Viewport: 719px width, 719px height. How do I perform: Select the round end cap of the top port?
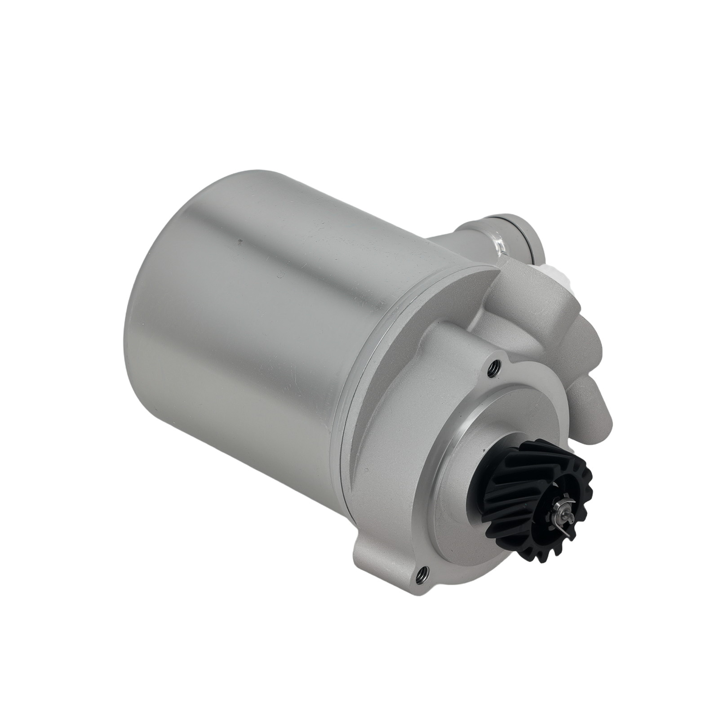(533, 243)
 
